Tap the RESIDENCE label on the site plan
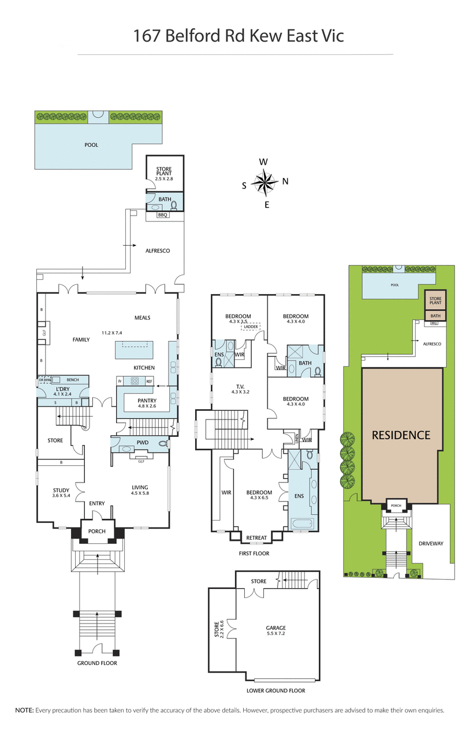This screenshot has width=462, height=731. (x=401, y=435)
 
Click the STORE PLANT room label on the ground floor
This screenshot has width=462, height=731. (x=164, y=172)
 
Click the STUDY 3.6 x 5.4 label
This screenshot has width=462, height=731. (x=60, y=492)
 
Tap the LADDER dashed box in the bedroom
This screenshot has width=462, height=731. (x=251, y=327)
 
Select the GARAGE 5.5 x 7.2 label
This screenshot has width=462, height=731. (x=275, y=630)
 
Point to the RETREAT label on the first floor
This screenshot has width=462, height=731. (x=256, y=538)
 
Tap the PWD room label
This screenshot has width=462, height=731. (x=143, y=442)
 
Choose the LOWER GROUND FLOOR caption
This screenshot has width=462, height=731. (x=275, y=691)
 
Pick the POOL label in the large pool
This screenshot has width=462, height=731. (x=91, y=145)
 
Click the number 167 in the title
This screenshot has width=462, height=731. (x=146, y=36)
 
